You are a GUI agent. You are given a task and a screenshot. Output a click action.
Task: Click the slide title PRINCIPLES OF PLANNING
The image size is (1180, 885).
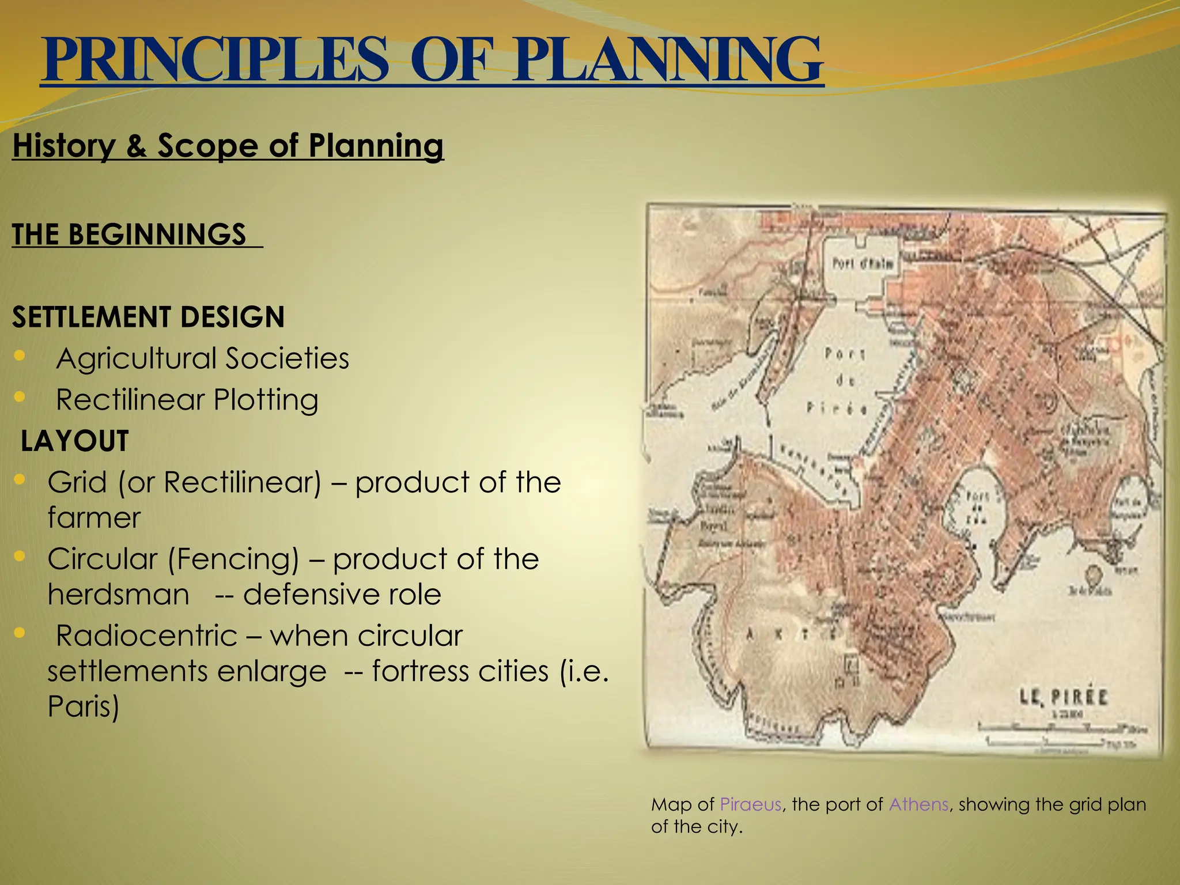[432, 60]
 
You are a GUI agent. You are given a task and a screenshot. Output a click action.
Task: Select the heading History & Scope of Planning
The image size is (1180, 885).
[228, 145]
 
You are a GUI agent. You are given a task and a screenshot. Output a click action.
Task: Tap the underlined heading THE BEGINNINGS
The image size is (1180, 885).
[129, 235]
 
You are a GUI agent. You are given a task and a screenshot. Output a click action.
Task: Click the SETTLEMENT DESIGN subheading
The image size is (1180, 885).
[148, 317]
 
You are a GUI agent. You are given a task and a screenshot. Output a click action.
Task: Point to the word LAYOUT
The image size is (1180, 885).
[74, 441]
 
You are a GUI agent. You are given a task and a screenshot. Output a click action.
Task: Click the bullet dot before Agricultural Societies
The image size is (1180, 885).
[20, 356]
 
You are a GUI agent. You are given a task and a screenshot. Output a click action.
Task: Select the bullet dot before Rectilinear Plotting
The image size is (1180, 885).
[20, 397]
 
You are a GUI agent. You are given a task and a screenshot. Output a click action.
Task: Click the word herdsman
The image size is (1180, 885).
[118, 595]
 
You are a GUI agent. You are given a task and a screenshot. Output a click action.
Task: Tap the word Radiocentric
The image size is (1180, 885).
[146, 636]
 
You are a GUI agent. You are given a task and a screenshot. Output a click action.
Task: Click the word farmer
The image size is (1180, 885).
[94, 517]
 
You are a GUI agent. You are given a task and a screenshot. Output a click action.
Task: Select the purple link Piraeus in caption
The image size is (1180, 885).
[750, 804]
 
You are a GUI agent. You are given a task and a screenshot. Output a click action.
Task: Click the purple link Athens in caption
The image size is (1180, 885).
[918, 804]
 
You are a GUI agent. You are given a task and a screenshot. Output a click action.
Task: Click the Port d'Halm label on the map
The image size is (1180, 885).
[863, 263]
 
